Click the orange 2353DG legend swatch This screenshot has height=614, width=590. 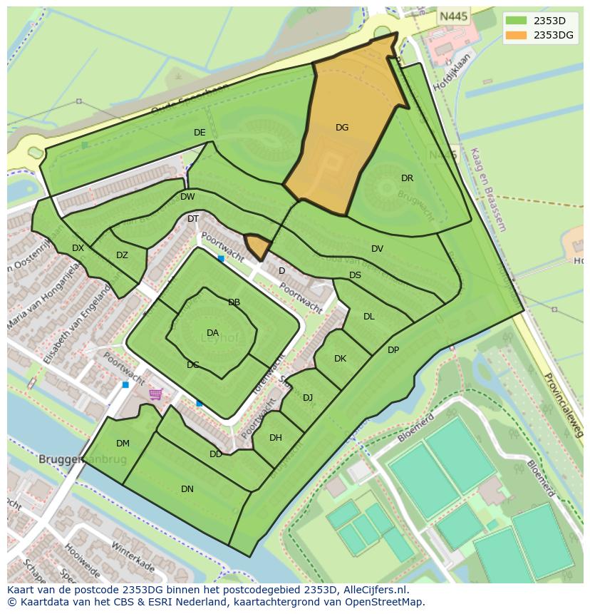tap(517, 35)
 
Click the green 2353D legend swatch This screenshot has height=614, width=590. tap(517, 20)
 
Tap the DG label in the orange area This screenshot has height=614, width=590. tap(342, 128)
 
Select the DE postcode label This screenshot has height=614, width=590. tap(200, 133)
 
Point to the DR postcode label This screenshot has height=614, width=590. tap(407, 178)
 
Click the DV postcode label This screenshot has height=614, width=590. tap(377, 249)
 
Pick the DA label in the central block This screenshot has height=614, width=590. tap(212, 333)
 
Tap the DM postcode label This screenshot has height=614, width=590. tap(123, 444)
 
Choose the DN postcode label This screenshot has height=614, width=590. tap(187, 489)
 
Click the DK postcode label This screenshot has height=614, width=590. tap(340, 359)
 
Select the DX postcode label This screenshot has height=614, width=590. tap(78, 248)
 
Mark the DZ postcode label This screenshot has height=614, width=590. tap(122, 255)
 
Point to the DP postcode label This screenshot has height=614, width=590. tap(393, 350)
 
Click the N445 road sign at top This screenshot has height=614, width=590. tap(454, 16)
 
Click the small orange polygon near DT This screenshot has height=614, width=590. tap(258, 246)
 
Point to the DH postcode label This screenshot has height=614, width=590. tap(276, 438)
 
